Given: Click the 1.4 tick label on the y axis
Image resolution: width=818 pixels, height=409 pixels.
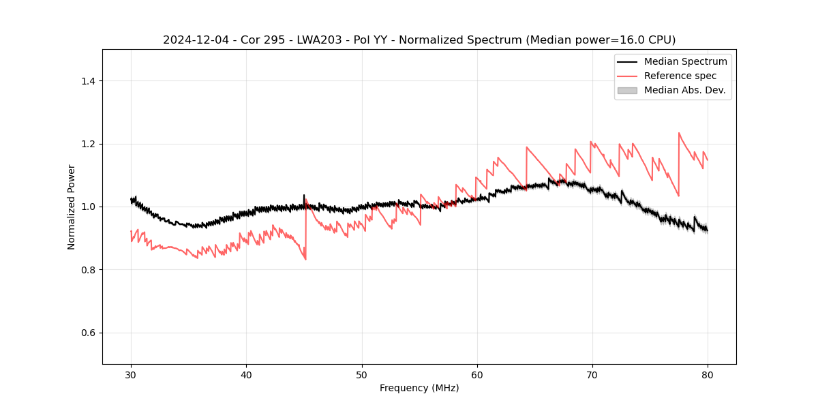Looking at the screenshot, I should pyautogui.click(x=88, y=81).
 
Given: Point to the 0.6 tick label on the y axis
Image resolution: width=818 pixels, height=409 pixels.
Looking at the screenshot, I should pyautogui.click(x=88, y=333).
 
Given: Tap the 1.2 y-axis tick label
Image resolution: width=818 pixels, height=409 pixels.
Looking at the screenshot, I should pyautogui.click(x=88, y=144).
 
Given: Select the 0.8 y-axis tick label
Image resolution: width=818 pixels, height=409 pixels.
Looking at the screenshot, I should pyautogui.click(x=88, y=270).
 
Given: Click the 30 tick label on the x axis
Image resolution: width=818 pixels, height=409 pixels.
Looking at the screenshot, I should pyautogui.click(x=131, y=374).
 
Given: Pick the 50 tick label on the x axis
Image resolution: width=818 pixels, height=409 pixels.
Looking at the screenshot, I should pyautogui.click(x=362, y=374).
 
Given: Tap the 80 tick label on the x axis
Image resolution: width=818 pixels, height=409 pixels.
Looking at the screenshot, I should pyautogui.click(x=708, y=374).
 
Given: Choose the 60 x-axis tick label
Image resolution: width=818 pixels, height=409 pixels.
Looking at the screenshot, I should pyautogui.click(x=477, y=374).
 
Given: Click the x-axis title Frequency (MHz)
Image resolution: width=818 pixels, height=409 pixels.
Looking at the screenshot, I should pyautogui.click(x=419, y=388).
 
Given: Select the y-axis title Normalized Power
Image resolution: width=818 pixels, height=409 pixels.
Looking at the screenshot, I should pyautogui.click(x=72, y=207).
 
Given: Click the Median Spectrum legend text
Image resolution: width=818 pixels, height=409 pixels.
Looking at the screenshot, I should pyautogui.click(x=685, y=61).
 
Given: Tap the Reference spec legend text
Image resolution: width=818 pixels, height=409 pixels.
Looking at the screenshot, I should pyautogui.click(x=680, y=76).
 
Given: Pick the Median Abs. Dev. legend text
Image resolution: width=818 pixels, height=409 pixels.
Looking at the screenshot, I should pyautogui.click(x=685, y=90).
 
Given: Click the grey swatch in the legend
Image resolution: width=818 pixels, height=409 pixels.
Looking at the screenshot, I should pyautogui.click(x=627, y=90).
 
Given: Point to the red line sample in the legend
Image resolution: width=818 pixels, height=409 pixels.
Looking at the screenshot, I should pyautogui.click(x=627, y=76).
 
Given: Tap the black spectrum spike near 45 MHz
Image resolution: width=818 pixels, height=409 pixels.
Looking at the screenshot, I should pyautogui.click(x=304, y=195).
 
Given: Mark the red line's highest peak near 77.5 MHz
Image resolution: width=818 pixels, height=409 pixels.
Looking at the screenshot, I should pyautogui.click(x=679, y=133).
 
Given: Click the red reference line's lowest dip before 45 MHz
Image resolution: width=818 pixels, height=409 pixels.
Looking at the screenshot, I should pyautogui.click(x=305, y=259).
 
